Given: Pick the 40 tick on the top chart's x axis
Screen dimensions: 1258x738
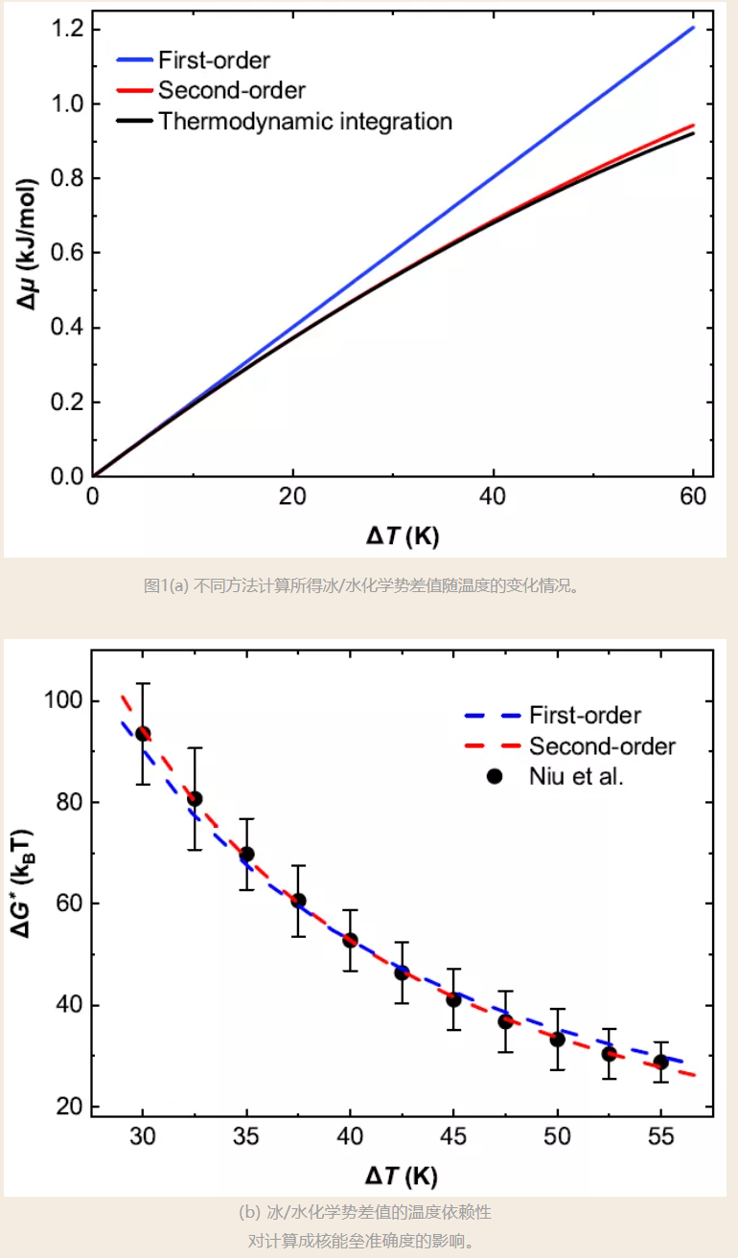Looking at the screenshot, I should pos(493,496).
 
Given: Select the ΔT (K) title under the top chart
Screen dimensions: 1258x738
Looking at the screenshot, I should pos(402,537).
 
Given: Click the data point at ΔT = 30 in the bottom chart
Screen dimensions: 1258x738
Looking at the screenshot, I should pos(143,734).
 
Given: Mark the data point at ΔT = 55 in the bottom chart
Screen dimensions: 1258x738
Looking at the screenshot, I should pos(660,1062).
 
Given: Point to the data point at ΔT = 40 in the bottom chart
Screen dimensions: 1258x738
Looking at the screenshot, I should pos(350,940).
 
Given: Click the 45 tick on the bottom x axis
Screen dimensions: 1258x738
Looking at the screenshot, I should pos(453,1136).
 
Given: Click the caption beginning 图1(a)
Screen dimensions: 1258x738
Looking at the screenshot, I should pos(361,585).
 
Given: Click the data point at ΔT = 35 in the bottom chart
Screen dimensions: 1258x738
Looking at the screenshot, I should pos(246,854).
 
